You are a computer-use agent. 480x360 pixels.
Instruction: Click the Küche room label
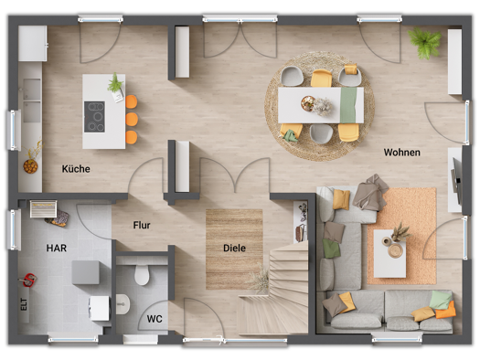(76, 168)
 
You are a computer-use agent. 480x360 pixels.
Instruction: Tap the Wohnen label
(402, 152)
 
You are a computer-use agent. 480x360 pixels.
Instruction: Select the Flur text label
(142, 225)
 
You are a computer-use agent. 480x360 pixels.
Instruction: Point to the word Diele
(234, 248)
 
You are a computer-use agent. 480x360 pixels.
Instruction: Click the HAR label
(57, 248)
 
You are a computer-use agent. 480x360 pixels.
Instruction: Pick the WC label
(155, 319)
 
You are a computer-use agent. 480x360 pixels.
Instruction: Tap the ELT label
(24, 304)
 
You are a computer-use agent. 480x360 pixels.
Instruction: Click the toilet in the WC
(142, 274)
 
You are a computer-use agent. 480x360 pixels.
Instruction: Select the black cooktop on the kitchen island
(94, 117)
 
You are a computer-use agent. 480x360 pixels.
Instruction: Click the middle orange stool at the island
(132, 119)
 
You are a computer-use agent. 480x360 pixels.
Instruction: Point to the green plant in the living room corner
(425, 43)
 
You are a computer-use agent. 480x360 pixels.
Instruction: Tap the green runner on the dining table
(348, 105)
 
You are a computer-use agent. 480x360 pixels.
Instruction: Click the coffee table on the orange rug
(389, 254)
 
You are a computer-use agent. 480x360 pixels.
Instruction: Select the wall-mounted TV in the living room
(457, 181)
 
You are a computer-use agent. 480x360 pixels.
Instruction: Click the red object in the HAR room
(29, 280)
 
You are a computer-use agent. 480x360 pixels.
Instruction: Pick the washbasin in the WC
(123, 304)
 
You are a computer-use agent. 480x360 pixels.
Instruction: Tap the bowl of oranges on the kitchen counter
(30, 166)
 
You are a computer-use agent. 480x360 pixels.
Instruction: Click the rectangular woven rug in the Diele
(234, 249)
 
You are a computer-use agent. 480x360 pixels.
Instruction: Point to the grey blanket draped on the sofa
(370, 193)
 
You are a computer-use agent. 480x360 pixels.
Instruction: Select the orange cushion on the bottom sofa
(446, 310)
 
